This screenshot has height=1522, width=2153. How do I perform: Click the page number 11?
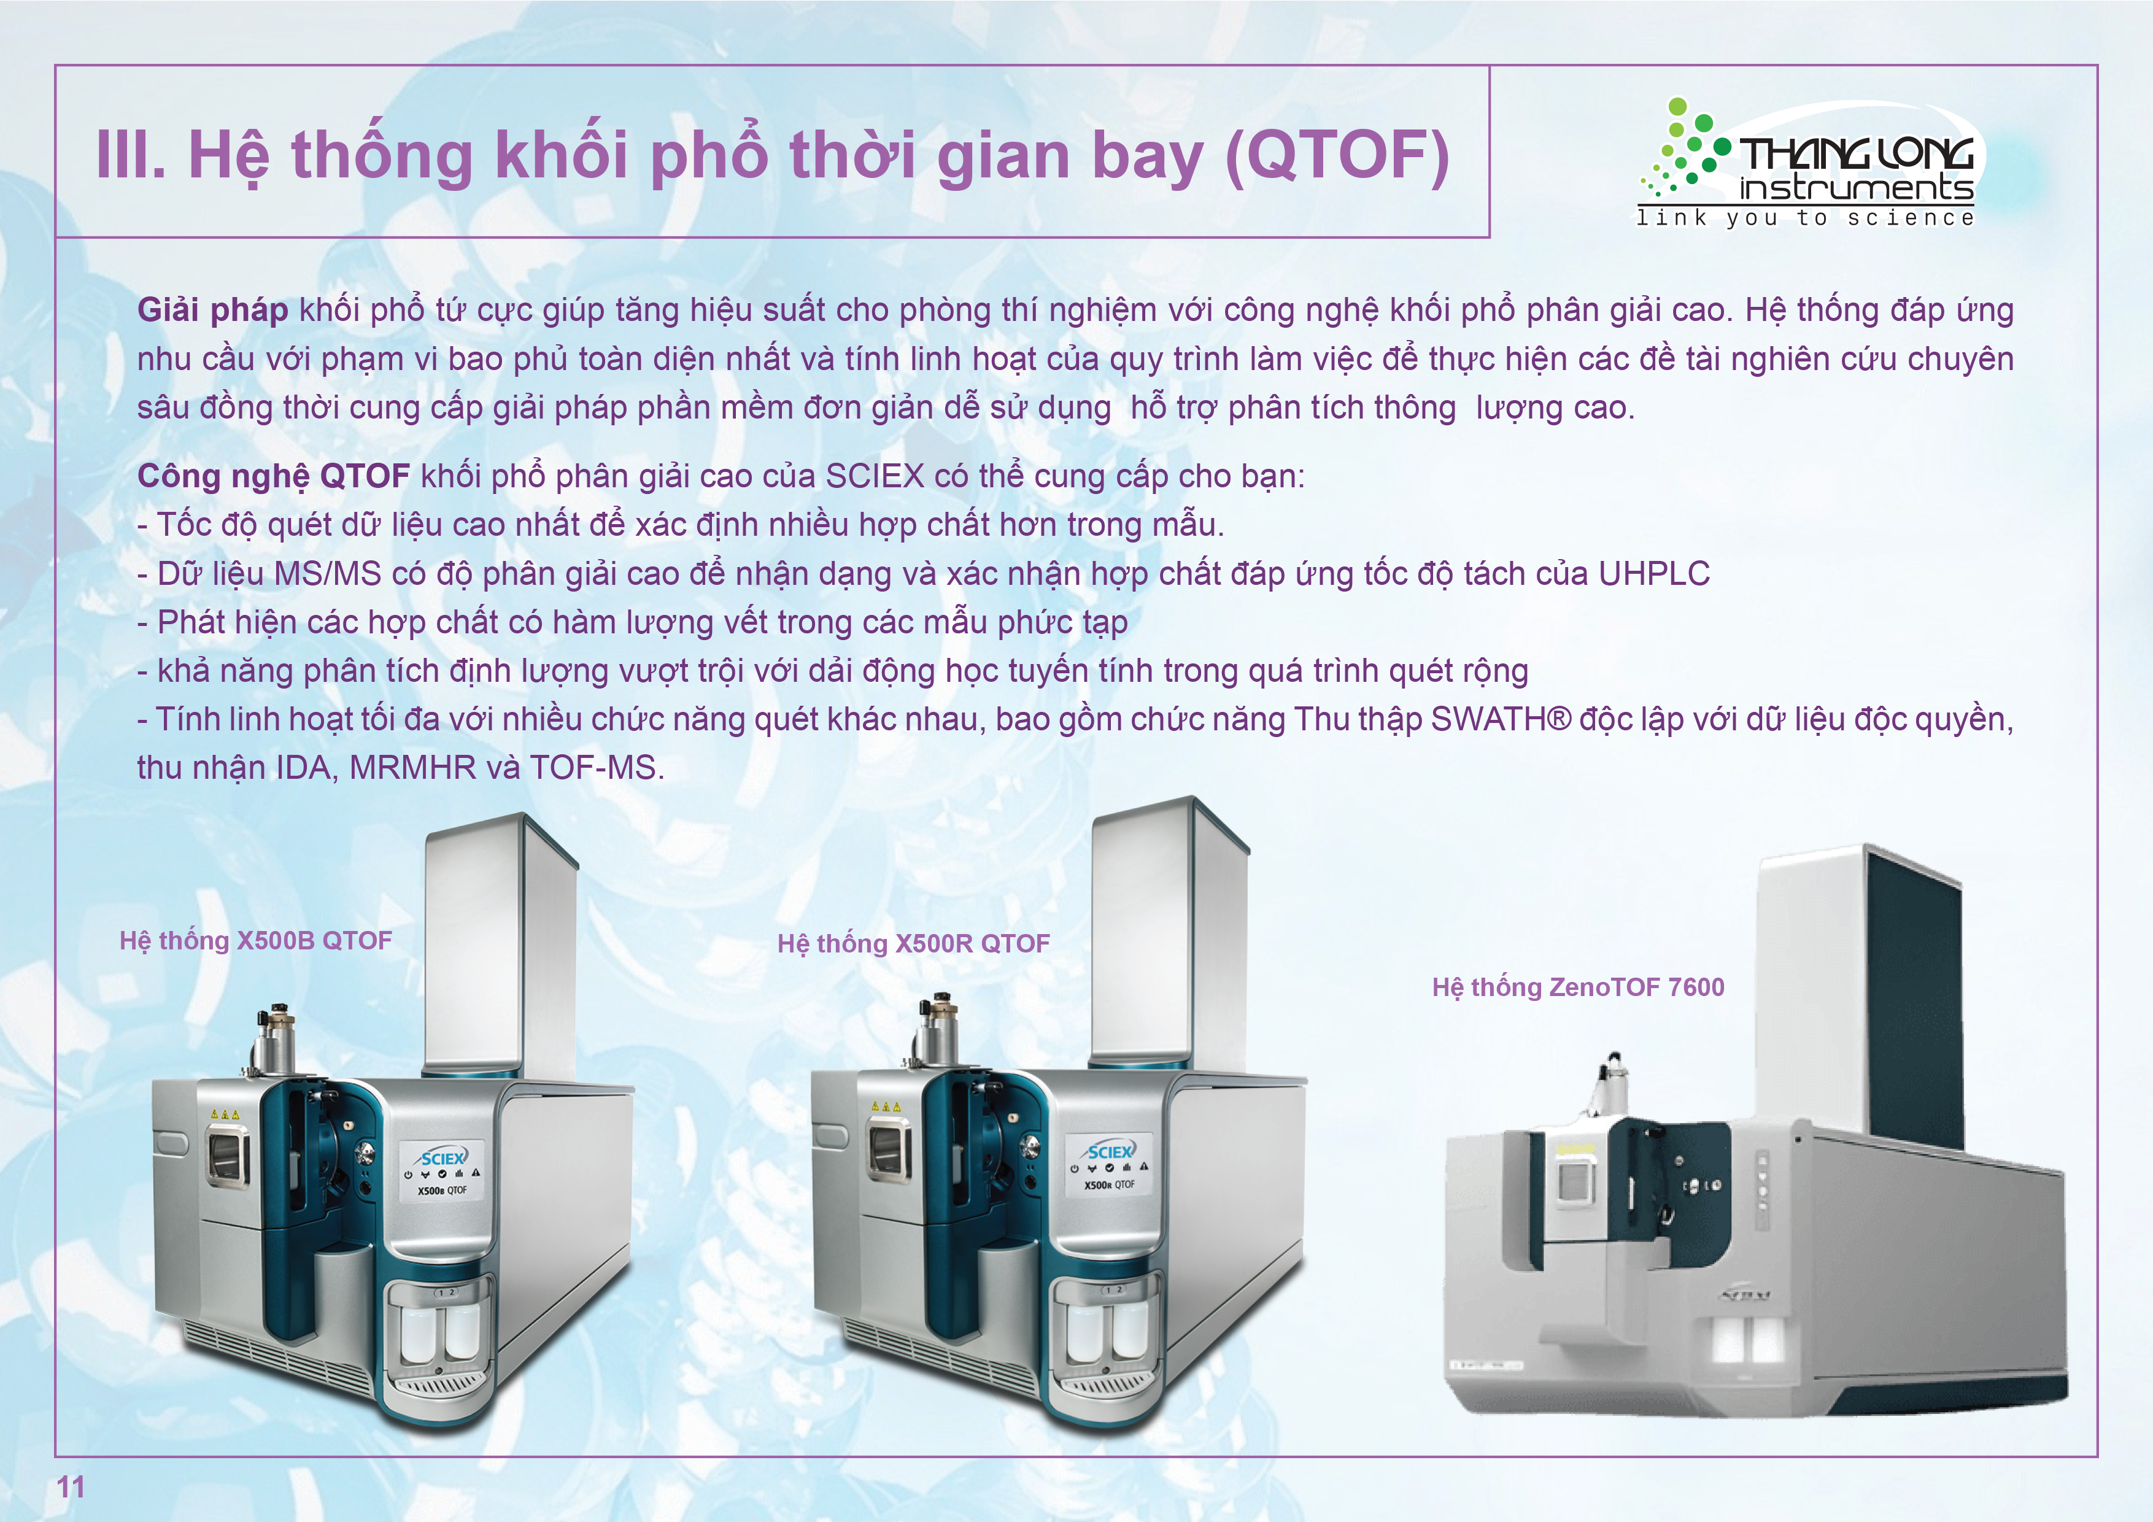[x=71, y=1486]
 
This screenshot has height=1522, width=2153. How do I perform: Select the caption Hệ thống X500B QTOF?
[x=256, y=941]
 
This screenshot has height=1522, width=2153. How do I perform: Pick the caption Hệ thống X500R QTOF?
[x=913, y=943]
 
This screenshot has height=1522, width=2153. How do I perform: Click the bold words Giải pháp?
[x=213, y=309]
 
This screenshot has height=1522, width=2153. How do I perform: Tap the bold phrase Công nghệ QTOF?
[x=274, y=476]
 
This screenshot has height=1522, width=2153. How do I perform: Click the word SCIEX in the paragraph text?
[x=875, y=476]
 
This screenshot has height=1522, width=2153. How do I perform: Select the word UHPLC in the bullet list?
[x=1654, y=574]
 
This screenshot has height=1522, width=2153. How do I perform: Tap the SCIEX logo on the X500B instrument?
[x=443, y=1157]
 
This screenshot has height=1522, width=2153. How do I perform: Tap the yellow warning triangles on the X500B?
[x=225, y=1114]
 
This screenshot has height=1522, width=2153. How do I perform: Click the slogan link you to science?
[x=1805, y=218]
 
